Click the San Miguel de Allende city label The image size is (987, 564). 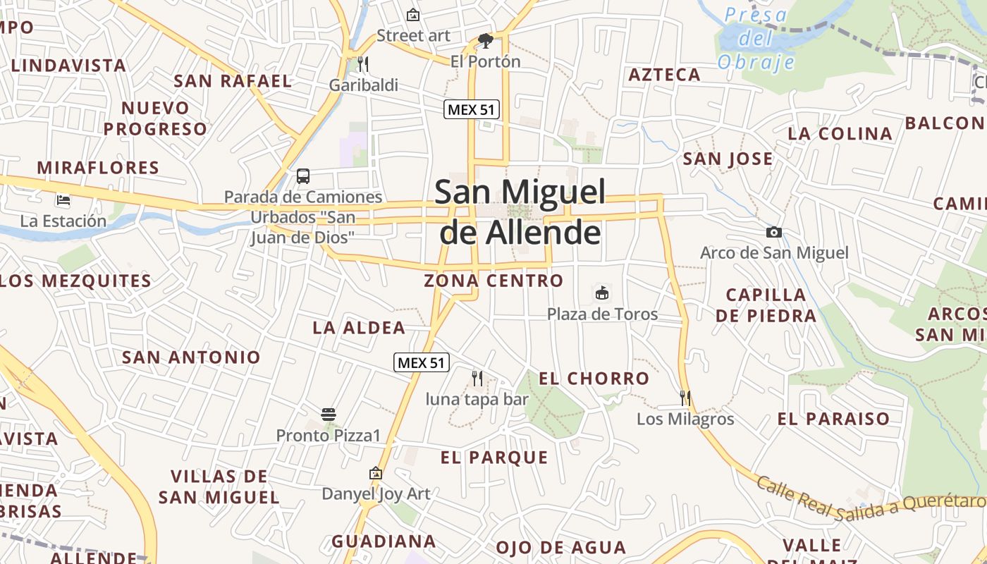tap(520, 211)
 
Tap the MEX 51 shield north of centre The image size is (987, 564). tap(472, 109)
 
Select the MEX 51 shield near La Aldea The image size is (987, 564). tap(421, 362)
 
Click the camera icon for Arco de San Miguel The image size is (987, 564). tap(774, 232)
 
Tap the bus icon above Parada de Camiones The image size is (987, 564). tap(303, 176)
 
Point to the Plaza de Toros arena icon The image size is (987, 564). tap(602, 293)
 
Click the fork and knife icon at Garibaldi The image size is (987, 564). tap(363, 64)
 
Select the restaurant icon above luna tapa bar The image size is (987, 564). tap(477, 379)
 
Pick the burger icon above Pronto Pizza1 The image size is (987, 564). tap(328, 414)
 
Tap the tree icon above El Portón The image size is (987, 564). tap(485, 41)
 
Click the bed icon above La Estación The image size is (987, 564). tap(63, 200)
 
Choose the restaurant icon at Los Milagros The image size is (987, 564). tap(685, 398)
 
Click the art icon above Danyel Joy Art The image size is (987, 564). tap(375, 473)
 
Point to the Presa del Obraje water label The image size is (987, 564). tap(756, 38)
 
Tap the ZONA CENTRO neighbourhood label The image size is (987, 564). tap(493, 281)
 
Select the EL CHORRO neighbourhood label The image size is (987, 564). tap(594, 379)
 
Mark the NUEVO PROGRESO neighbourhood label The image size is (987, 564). tap(155, 118)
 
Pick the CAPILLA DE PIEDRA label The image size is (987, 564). tap(766, 305)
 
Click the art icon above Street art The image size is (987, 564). tap(413, 15)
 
